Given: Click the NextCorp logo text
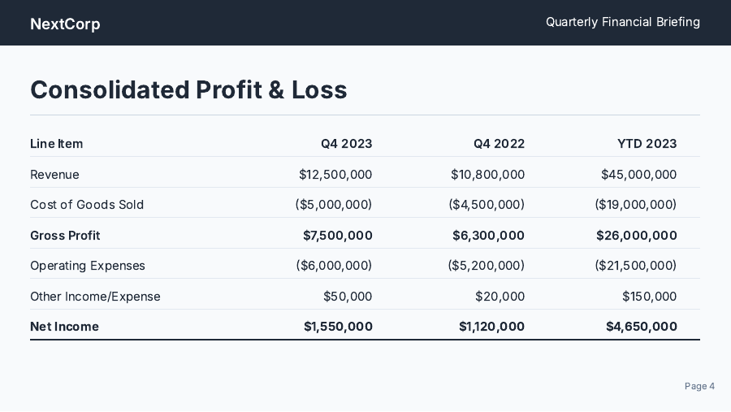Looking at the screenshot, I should coord(65,24).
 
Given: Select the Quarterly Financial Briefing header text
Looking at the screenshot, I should coord(622,22).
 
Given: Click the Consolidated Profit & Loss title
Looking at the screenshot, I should coord(188,89).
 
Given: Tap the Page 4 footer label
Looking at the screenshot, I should coord(699,386).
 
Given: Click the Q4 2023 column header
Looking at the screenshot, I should coord(346,144).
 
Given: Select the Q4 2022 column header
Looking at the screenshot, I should coord(499,144).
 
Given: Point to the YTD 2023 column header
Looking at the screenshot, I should coord(647,144).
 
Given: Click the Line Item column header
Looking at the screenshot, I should coord(56,144).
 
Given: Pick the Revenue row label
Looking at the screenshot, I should coord(54,175).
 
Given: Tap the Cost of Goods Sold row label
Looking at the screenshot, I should coord(87,205).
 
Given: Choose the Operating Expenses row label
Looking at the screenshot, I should coord(88,266).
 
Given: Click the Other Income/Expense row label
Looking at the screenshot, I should coord(95,297).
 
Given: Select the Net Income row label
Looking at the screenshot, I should coord(64,327).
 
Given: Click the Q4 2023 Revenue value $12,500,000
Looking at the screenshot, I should coord(335,175).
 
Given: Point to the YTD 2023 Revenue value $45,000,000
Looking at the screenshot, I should coord(638,175).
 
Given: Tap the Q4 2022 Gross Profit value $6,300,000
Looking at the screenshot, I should coord(488,236).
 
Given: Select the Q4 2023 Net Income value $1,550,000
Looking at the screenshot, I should coord(338,327).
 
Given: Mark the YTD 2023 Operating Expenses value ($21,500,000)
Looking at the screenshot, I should coord(635,266).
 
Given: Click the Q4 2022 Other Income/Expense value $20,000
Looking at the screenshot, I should coord(500,297).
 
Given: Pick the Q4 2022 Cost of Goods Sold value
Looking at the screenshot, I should coord(487,205).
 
